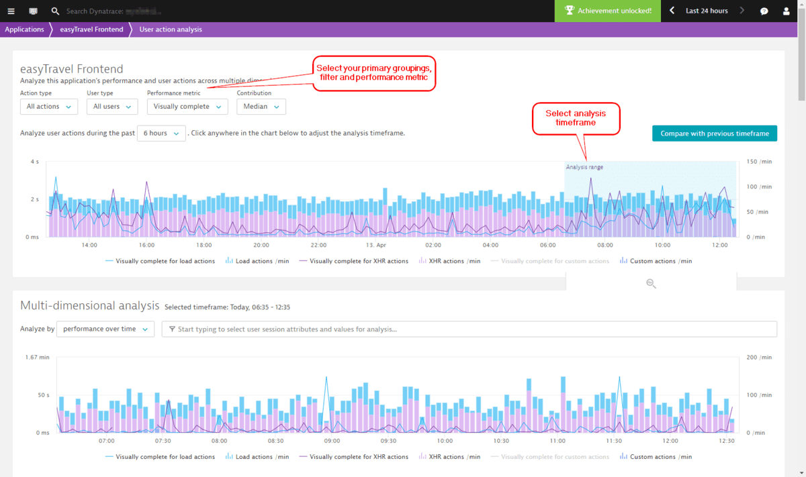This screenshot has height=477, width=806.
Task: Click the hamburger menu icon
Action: [11, 11]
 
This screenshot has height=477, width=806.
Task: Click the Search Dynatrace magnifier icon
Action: [55, 11]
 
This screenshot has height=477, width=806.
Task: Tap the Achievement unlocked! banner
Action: [608, 11]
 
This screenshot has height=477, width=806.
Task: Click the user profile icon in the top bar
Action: [787, 11]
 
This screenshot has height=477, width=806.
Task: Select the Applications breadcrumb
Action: [24, 30]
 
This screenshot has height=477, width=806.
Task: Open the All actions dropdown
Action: [49, 107]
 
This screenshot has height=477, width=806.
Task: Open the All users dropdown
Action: [112, 107]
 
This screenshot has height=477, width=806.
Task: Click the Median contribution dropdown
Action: [261, 107]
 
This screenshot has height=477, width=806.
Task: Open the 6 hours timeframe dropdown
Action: [161, 133]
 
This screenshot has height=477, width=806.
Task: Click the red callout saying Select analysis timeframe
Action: [576, 118]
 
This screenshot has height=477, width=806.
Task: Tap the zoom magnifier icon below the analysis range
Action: [651, 284]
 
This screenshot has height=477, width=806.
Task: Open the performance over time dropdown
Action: [105, 329]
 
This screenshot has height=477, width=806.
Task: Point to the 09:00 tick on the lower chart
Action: [332, 441]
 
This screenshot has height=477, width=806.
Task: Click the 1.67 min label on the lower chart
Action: [37, 358]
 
